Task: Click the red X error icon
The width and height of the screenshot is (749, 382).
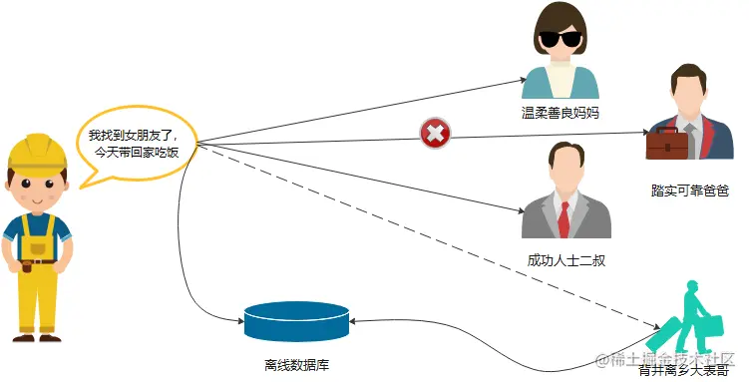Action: [435, 132]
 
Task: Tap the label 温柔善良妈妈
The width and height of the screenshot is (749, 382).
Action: [566, 112]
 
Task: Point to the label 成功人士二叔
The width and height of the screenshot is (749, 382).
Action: [566, 260]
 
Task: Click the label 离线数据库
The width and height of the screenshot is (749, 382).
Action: [297, 364]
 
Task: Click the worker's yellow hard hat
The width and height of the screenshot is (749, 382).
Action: [38, 152]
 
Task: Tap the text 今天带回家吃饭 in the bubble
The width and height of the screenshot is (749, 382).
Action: [137, 154]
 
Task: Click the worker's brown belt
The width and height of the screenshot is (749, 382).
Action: [38, 262]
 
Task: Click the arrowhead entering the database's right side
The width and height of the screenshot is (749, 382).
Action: [355, 320]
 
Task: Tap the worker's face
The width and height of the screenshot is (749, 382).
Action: [38, 190]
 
